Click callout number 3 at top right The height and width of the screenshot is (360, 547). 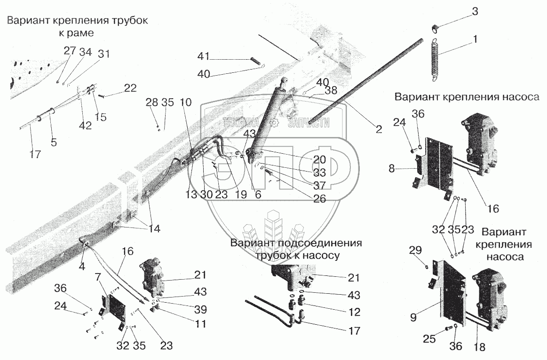click(475, 12)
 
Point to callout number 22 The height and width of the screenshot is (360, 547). click(130, 88)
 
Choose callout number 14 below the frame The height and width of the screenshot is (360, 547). click(154, 229)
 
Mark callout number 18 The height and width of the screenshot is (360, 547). click(479, 347)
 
